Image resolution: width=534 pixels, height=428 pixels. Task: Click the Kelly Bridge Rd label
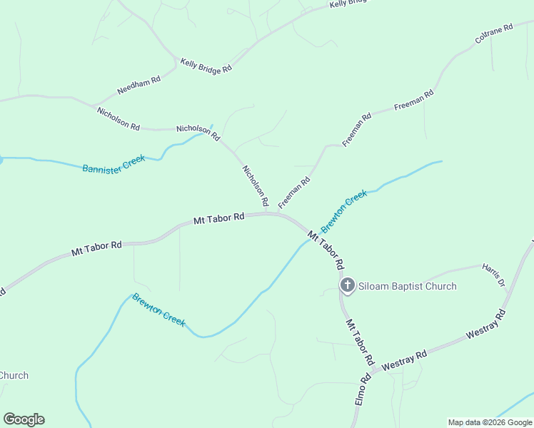pyautogui.click(x=206, y=66)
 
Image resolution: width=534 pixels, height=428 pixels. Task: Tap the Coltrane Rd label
pyautogui.click(x=494, y=36)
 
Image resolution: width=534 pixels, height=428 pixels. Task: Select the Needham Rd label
pyautogui.click(x=138, y=88)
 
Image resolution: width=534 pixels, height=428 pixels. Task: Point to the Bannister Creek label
pyautogui.click(x=114, y=164)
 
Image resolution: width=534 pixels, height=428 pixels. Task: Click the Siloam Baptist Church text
pyautogui.click(x=407, y=287)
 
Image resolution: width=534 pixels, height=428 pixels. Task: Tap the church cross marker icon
pyautogui.click(x=347, y=286)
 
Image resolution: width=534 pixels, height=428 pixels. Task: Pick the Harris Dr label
pyautogui.click(x=493, y=274)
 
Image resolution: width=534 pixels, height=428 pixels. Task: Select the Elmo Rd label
pyautogui.click(x=363, y=389)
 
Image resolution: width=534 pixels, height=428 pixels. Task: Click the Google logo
pyautogui.click(x=24, y=419)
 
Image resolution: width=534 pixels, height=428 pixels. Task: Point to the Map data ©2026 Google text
pyautogui.click(x=490, y=422)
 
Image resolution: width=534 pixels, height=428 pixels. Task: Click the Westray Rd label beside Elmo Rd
pyautogui.click(x=404, y=360)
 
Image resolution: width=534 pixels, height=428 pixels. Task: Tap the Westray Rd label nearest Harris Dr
pyautogui.click(x=485, y=325)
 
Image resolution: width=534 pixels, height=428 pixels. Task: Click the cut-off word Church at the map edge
pyautogui.click(x=14, y=375)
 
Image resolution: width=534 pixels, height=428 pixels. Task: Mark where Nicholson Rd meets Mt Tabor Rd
pyautogui.click(x=268, y=213)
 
